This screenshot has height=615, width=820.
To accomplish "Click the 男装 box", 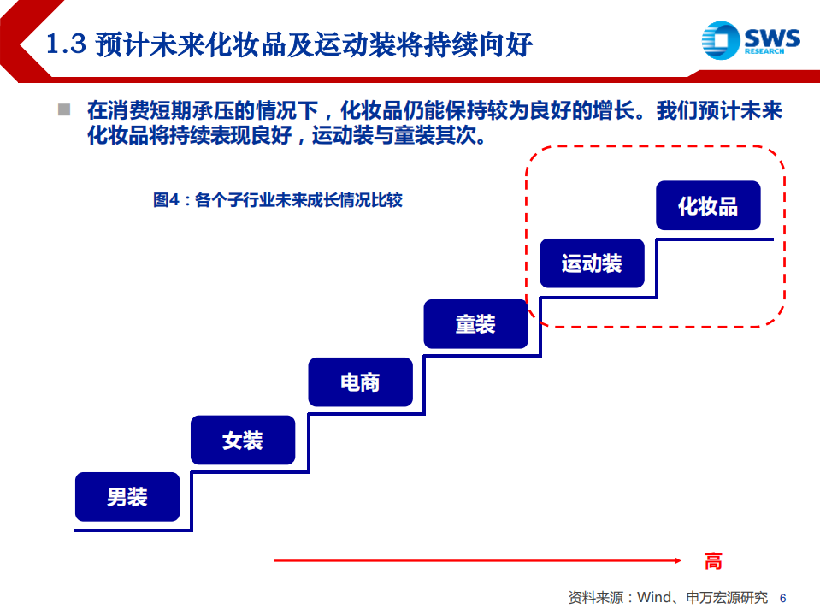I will click(127, 497).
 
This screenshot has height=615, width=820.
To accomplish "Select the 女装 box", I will click(243, 441).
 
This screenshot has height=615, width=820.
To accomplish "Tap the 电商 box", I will click(360, 382).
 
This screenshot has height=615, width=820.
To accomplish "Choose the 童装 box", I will click(475, 324).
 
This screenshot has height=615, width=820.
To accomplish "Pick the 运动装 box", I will click(592, 263).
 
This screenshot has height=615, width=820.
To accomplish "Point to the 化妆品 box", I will click(707, 206).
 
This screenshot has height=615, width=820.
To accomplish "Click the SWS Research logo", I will click(751, 40).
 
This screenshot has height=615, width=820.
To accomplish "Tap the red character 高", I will click(713, 561).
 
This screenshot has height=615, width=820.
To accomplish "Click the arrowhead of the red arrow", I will click(677, 561).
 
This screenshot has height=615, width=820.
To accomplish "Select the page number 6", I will click(782, 598).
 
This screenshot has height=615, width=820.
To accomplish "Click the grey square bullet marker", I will click(63, 109).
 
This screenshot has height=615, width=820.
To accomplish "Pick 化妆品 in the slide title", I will click(258, 44).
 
